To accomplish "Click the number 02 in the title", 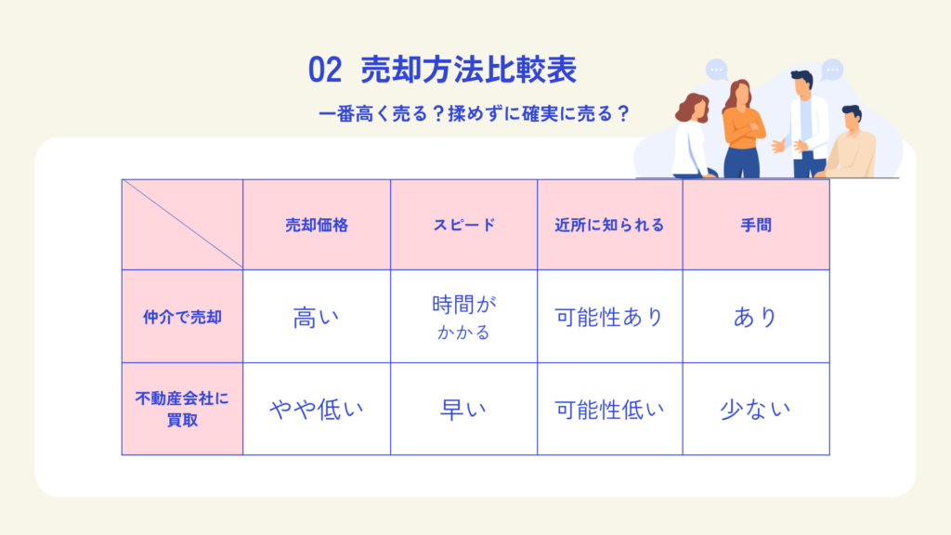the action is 324,70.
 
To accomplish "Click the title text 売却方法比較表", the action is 468,69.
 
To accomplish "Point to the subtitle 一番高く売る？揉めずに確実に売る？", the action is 475,113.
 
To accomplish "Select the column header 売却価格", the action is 317,225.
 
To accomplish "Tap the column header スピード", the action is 464,225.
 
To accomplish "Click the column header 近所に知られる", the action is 609,225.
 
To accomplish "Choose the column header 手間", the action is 756,225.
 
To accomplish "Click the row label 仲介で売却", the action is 182,318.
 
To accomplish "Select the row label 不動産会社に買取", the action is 182,409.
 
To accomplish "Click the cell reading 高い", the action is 316,318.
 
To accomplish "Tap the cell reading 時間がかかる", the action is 464,317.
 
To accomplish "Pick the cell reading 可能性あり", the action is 609,318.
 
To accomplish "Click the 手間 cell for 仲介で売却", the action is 756,318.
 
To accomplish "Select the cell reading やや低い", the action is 316,410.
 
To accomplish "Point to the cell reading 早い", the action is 463,410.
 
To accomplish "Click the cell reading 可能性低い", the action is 609,410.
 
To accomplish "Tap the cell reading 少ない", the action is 756,410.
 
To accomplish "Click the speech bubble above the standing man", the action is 832,70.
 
